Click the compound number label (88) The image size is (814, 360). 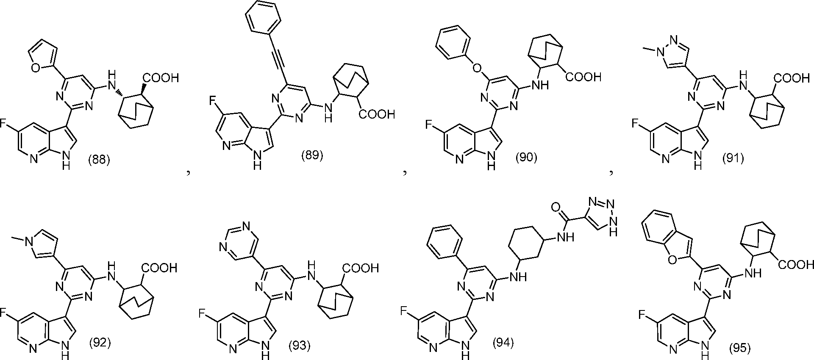click(99, 160)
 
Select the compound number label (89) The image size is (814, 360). click(312, 156)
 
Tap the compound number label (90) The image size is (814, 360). click(526, 158)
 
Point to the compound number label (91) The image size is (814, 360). click(733, 158)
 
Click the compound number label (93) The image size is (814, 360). click(299, 346)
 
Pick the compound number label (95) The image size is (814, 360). click(739, 348)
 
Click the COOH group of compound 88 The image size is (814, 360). click(161, 78)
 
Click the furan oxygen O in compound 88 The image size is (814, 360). click(36, 67)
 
